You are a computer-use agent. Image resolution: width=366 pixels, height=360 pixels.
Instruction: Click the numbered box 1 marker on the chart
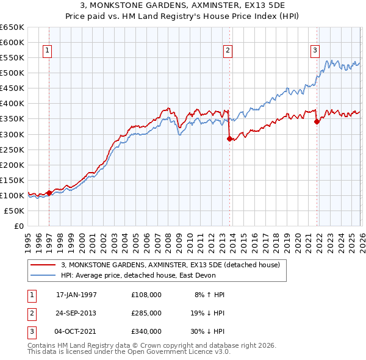click(48, 51)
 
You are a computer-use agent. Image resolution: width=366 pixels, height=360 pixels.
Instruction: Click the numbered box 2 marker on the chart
click(228, 51)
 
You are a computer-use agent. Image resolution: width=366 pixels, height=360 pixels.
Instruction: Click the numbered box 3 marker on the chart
click(315, 51)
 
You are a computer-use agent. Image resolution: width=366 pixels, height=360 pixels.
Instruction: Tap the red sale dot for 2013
click(229, 139)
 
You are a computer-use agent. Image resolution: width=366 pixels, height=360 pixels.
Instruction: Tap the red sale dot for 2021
click(317, 121)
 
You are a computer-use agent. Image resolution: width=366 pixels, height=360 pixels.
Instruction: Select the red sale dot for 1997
click(49, 193)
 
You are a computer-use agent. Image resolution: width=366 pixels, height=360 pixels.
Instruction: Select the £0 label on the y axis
click(18, 226)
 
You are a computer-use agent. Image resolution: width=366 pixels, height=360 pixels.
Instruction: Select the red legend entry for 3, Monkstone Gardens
click(170, 265)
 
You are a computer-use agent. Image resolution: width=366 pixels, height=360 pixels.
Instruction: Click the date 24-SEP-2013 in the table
click(76, 312)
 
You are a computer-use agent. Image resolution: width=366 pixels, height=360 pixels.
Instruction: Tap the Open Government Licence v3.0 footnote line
click(129, 352)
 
